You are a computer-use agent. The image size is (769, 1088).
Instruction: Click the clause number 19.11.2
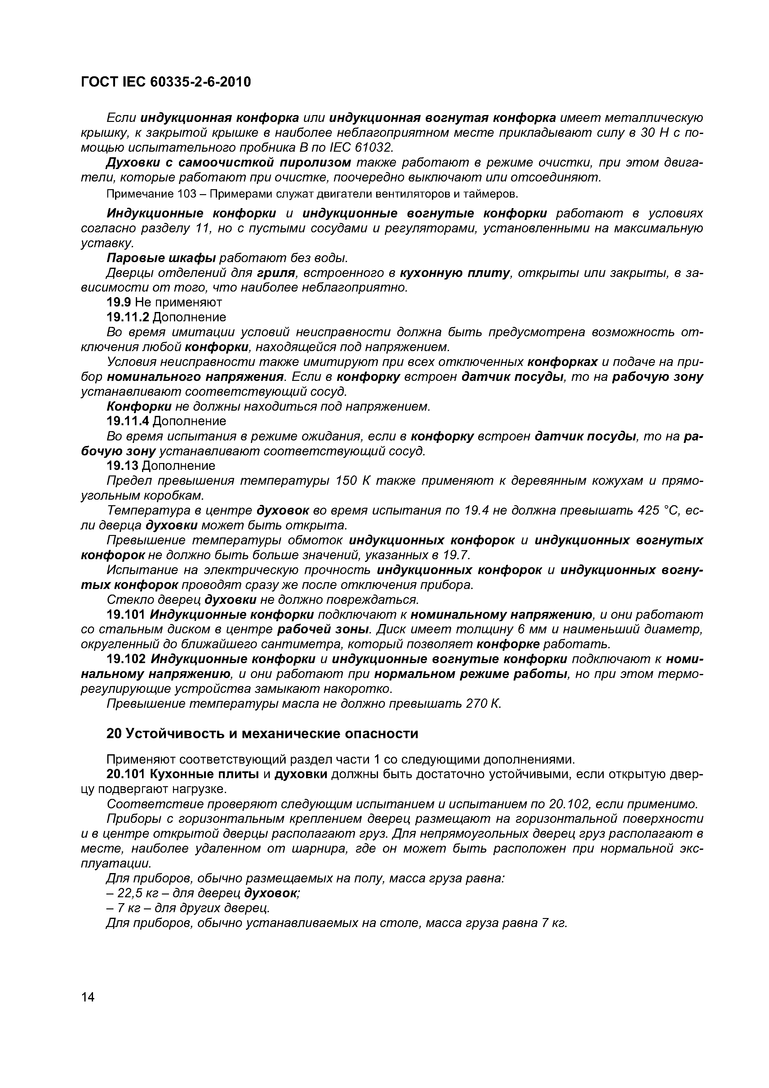point(128,317)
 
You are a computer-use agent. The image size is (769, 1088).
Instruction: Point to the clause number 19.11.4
point(128,421)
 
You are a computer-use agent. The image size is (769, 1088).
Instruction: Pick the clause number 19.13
point(123,466)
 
